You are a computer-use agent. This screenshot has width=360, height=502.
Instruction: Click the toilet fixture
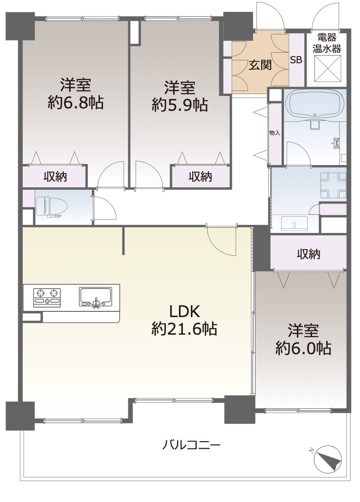point(48,206)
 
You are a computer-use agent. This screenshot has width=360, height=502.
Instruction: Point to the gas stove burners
point(47,297)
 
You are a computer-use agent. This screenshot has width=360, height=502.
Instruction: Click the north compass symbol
point(328,460)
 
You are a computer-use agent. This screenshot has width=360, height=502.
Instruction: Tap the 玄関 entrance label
point(261,65)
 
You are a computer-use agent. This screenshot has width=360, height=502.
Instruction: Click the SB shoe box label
point(296,59)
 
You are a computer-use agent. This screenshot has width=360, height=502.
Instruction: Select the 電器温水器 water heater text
point(327,43)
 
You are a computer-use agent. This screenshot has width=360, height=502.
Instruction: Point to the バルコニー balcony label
point(191,445)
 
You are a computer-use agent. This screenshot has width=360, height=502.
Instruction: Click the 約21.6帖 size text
point(184,329)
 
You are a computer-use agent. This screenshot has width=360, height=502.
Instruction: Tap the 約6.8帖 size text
point(76,103)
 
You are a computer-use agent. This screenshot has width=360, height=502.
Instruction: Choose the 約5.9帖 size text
point(180,105)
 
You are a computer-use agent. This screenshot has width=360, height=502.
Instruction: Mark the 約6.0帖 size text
point(303,348)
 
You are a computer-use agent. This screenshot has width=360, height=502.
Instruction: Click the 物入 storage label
point(275,133)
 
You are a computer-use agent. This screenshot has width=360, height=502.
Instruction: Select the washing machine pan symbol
point(333,185)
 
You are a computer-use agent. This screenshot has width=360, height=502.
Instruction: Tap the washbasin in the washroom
point(294,223)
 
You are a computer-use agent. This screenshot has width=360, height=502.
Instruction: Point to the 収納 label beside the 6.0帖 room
point(309,254)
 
